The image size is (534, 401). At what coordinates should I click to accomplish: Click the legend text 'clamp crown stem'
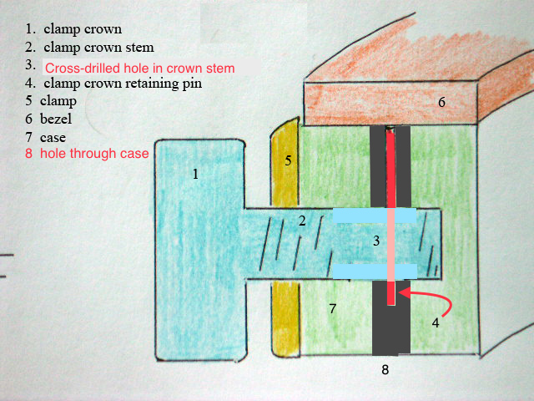(98, 48)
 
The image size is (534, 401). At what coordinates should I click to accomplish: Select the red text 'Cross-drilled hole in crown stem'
(139, 69)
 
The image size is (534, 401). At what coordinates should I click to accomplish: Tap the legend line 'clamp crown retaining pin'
(123, 84)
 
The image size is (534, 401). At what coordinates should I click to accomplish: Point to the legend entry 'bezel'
(56, 119)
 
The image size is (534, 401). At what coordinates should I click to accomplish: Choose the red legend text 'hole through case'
(94, 154)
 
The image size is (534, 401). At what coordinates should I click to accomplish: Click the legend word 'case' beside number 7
(53, 138)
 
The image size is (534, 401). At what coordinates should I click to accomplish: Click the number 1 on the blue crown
(195, 175)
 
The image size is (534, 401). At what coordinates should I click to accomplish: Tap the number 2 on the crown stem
(302, 221)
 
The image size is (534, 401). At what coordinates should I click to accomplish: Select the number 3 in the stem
(376, 241)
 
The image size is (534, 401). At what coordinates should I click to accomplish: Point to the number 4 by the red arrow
(436, 322)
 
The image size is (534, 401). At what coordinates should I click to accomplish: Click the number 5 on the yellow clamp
(288, 160)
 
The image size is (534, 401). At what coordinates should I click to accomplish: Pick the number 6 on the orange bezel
(441, 102)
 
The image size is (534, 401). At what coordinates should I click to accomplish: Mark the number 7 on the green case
(333, 308)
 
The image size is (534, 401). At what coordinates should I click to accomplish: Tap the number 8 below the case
(385, 369)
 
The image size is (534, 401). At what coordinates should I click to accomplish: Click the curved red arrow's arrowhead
(402, 292)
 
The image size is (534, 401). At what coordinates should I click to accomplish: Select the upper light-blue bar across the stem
(375, 216)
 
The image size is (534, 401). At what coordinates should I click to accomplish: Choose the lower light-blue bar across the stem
(375, 272)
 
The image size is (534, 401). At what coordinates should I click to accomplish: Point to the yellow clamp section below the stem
(286, 319)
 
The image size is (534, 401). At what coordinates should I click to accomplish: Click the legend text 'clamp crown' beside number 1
(83, 29)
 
